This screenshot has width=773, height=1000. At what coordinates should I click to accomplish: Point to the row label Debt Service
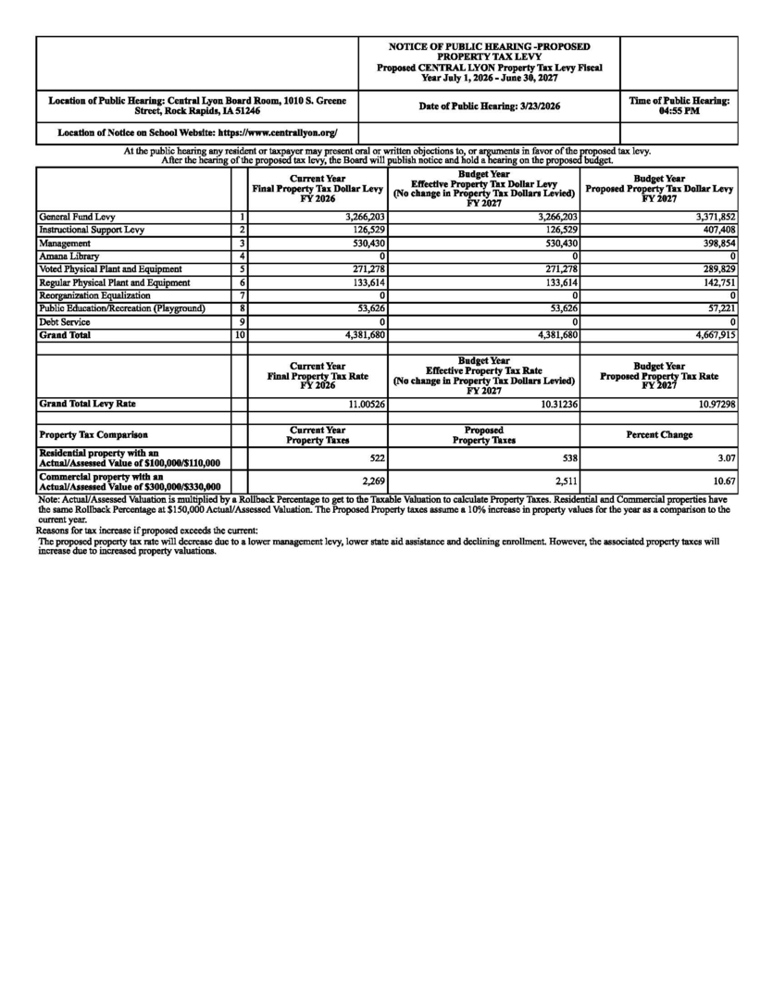click(64, 321)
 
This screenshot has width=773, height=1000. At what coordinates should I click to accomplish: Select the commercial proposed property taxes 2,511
click(565, 481)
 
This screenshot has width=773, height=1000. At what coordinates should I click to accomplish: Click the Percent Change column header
click(659, 434)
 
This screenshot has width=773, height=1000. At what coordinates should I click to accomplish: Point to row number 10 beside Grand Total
click(239, 334)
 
